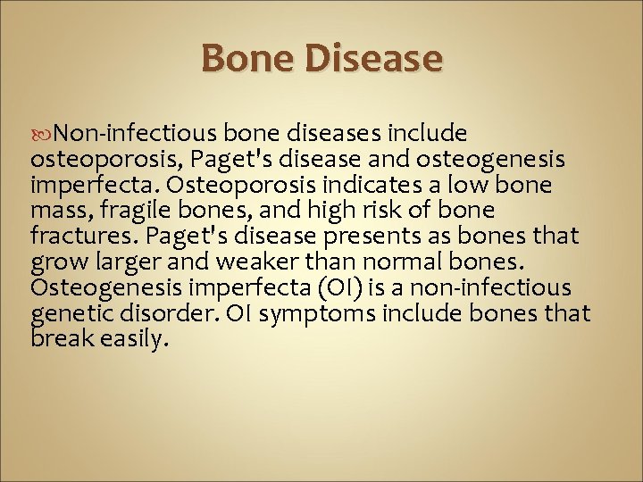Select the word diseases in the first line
327,133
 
